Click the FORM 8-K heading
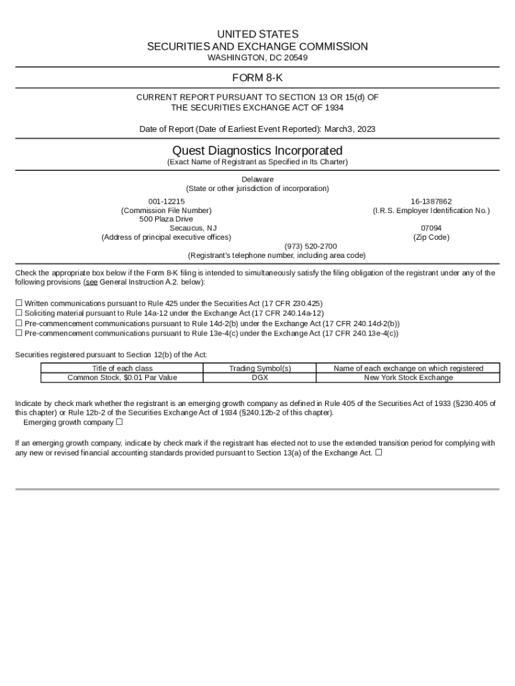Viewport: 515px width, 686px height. click(257, 78)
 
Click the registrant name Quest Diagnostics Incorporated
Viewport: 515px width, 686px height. click(257, 150)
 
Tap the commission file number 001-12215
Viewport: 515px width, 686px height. click(166, 201)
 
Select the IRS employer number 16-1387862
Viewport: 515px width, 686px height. click(431, 201)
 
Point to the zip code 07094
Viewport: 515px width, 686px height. click(431, 228)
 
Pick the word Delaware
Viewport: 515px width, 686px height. click(257, 180)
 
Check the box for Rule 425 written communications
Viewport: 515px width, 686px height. click(19, 303)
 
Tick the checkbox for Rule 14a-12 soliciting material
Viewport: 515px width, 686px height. click(19, 313)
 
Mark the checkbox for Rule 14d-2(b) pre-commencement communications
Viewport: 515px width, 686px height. click(19, 323)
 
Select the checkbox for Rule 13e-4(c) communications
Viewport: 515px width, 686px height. click(19, 333)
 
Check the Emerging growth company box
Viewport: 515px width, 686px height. click(119, 422)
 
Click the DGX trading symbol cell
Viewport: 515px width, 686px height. click(260, 378)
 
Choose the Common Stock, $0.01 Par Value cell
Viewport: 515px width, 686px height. click(122, 378)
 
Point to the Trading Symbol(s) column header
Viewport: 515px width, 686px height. click(260, 368)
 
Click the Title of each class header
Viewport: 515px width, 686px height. click(122, 368)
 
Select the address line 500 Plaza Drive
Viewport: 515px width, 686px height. click(166, 219)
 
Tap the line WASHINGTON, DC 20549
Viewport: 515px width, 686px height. click(257, 58)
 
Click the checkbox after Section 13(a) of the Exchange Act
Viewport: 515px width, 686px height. click(379, 452)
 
